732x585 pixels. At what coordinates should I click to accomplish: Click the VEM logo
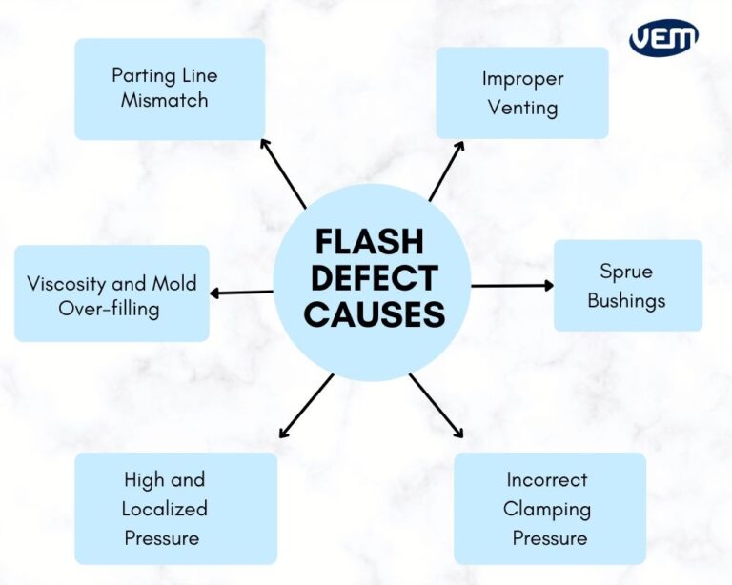click(x=663, y=38)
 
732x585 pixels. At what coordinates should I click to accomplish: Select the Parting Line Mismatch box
click(x=170, y=89)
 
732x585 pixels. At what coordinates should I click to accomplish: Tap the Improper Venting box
click(x=522, y=93)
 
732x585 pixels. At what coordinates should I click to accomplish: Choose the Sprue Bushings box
click(x=627, y=286)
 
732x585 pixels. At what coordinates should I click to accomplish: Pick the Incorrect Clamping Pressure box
click(x=549, y=509)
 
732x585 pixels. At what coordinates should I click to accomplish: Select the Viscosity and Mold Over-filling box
click(x=112, y=295)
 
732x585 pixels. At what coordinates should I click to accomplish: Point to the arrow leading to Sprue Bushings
click(x=512, y=285)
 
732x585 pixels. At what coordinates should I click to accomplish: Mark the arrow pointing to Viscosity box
click(x=240, y=292)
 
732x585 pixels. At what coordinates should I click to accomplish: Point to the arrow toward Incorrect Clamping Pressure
click(x=437, y=406)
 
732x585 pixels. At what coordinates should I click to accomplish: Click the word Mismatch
click(x=164, y=100)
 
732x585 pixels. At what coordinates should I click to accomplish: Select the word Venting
click(x=522, y=107)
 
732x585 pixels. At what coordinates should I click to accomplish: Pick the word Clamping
click(x=547, y=509)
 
